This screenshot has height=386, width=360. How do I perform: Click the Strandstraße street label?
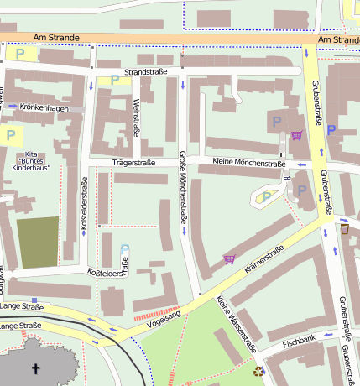146,72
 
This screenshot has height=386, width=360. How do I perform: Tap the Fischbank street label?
299,342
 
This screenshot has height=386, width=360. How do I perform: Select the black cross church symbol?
35,368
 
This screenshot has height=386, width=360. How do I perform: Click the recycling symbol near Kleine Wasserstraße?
259,369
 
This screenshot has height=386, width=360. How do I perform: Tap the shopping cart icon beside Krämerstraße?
229,259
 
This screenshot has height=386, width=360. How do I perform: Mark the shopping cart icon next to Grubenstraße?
295,134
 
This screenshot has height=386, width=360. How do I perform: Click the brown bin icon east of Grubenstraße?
344,229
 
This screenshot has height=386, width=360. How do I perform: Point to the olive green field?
39,243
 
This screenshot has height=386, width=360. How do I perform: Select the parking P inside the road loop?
267,197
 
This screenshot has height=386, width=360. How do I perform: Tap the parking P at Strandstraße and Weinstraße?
114,81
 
